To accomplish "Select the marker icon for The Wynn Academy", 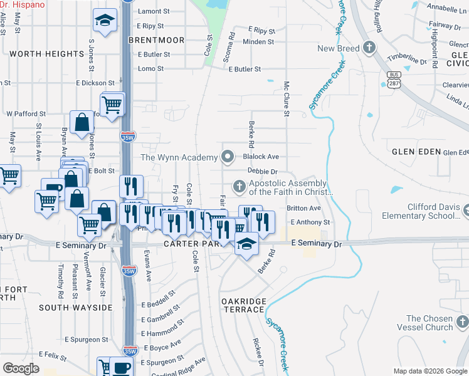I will tap(228, 156).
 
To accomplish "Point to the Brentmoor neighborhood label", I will tap(156, 40).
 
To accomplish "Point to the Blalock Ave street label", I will tap(261, 157).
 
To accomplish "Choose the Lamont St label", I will tap(154, 11).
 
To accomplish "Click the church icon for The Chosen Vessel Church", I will tap(462, 322).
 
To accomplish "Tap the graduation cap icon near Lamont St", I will tap(105, 19).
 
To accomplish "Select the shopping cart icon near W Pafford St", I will tap(112, 104).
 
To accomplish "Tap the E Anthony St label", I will tap(310, 222).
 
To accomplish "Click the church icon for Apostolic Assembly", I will tap(239, 186).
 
